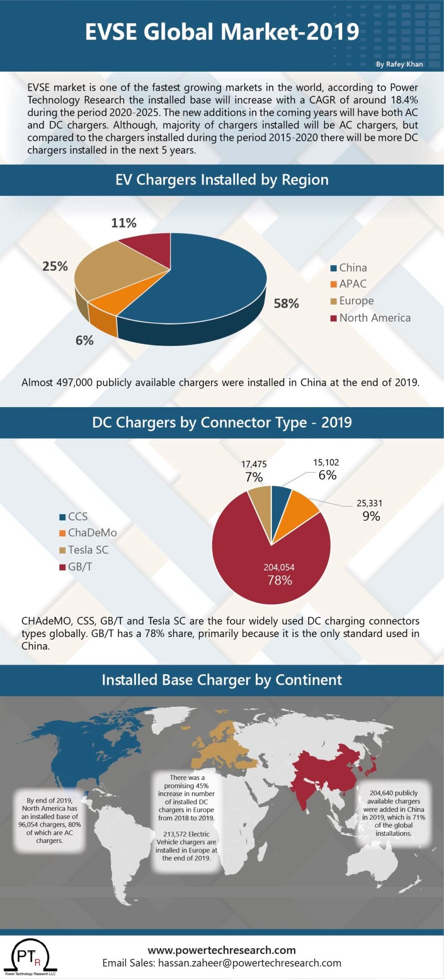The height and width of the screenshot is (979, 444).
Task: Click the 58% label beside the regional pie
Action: (286, 303)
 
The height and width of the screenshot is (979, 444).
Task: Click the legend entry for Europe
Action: (356, 301)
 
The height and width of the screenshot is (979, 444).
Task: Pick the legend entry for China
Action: (352, 268)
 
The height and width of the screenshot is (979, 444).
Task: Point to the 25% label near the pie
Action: (55, 266)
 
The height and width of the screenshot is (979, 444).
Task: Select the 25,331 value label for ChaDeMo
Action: (369, 503)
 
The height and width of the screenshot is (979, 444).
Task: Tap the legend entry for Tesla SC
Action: (87, 550)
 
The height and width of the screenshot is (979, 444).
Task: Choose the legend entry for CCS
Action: (77, 516)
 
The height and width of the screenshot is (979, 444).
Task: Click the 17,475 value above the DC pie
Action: (254, 464)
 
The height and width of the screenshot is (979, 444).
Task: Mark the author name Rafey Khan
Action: (399, 64)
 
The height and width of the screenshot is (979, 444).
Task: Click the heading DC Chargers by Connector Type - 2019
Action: (222, 422)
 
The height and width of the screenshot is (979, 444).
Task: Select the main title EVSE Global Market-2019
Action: (222, 32)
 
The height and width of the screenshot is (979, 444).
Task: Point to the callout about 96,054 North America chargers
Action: (50, 820)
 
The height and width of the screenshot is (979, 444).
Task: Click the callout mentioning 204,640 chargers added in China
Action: (393, 813)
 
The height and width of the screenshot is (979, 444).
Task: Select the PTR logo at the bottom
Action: (29, 956)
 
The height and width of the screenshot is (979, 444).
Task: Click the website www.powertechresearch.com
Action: (222, 950)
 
